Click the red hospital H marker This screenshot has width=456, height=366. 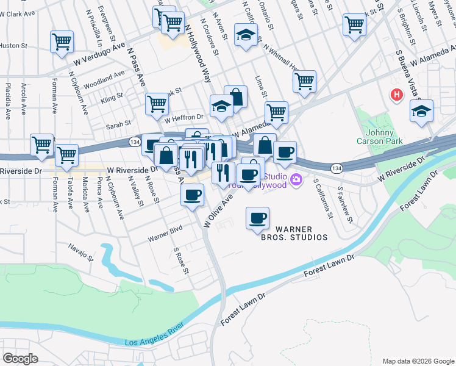(x=397, y=95)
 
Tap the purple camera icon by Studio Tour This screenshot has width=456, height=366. (x=296, y=179)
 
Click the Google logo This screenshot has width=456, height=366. (x=20, y=359)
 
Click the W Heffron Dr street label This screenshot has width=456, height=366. (x=183, y=118)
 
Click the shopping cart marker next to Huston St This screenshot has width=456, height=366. (x=62, y=41)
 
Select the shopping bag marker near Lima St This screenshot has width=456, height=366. (x=236, y=96)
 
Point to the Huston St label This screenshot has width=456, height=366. (x=13, y=45)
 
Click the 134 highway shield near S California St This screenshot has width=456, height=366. (x=336, y=167)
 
